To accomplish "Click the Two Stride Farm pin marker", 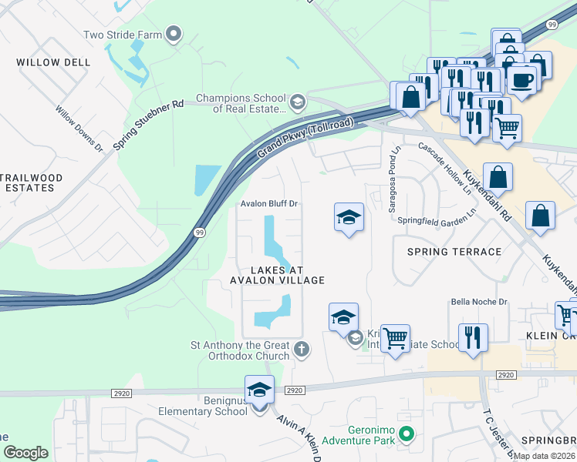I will point(174,33).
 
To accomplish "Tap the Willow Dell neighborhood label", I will point(48,62).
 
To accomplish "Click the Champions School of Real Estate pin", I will point(296,102).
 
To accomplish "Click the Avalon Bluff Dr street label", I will point(269,204).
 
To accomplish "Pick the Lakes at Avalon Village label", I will point(276,275).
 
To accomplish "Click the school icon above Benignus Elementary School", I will point(259,390).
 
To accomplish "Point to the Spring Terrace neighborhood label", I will point(450,252).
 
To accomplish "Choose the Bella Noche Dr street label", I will point(479,302).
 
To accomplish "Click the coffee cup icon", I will point(521,79).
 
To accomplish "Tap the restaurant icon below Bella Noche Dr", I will point(472,337).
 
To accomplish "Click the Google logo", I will point(25,453).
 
